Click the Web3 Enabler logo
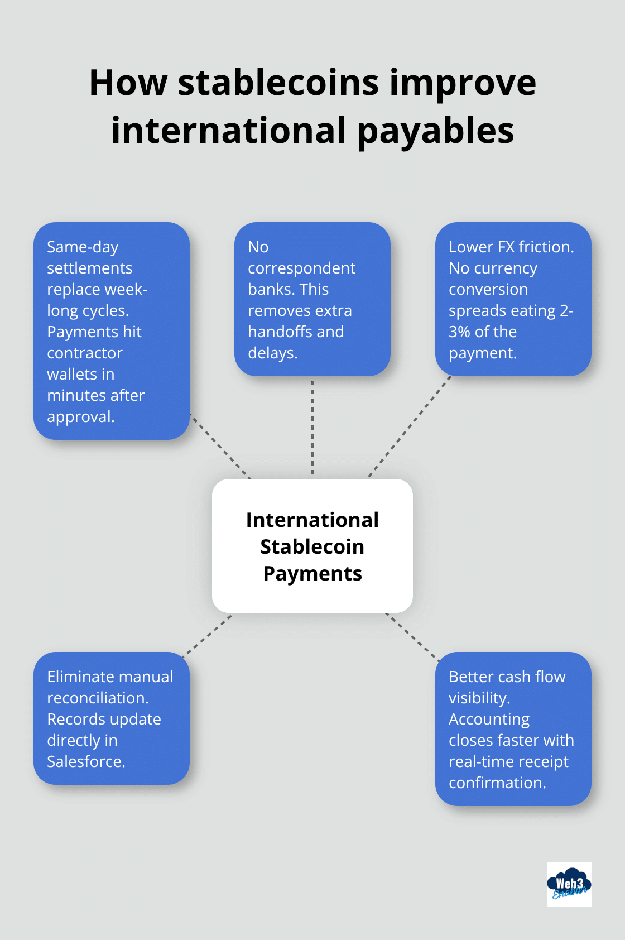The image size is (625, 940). click(x=569, y=884)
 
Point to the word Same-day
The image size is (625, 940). click(x=83, y=247)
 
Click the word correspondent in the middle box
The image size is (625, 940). click(x=301, y=268)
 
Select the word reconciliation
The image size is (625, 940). click(x=97, y=698)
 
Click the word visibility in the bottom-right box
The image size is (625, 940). click(x=478, y=698)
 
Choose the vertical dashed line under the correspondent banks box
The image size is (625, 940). click(x=312, y=427)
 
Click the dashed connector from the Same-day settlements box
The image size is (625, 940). click(x=220, y=446)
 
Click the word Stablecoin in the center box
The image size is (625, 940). click(x=312, y=546)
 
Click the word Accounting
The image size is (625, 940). click(x=489, y=720)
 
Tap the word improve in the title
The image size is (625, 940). click(x=463, y=83)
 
